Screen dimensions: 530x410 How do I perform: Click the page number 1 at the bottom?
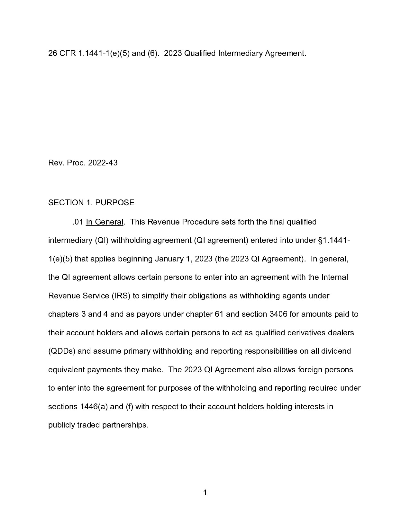click(x=205, y=493)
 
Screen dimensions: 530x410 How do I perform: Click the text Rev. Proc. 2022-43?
click(x=83, y=163)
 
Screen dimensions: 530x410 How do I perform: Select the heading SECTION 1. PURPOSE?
click(x=91, y=203)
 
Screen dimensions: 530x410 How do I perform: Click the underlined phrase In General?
click(x=105, y=222)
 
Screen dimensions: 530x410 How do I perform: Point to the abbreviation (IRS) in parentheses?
click(x=121, y=296)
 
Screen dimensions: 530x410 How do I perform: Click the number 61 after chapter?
click(x=219, y=314)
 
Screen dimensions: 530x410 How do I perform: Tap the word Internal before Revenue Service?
click(x=334, y=277)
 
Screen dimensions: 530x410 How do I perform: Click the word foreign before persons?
click(x=310, y=370)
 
